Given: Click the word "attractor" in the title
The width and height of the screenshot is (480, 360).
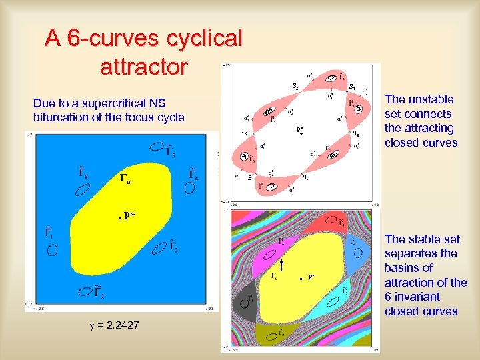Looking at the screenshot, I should click(x=143, y=67).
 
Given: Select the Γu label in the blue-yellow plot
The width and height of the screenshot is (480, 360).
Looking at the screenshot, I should click(x=125, y=178).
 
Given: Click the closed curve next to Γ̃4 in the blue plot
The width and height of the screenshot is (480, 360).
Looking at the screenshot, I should click(x=191, y=187).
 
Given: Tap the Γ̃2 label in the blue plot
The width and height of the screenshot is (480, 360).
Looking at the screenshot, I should click(x=99, y=292).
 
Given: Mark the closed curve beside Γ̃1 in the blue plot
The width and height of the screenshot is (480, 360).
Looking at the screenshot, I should click(x=51, y=250).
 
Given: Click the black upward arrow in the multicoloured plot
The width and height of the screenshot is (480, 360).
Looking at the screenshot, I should click(x=282, y=268).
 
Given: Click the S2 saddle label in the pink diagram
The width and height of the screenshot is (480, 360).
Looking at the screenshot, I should click(x=357, y=133).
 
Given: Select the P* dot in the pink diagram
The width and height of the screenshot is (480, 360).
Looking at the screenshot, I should click(x=301, y=135).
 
